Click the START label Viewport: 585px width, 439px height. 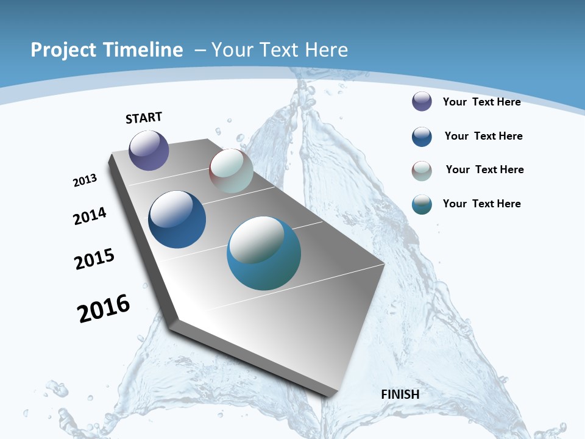pos(144,118)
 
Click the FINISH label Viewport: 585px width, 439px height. pos(400,394)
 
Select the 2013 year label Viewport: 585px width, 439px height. pos(85,180)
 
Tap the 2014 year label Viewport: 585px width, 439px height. pos(90,216)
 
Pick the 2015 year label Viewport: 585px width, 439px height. pos(94,259)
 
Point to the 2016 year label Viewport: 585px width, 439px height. pos(104,309)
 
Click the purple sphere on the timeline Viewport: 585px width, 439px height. pos(149,150)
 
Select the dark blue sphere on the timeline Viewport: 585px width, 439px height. pos(177,220)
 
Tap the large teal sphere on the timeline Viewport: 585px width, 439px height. pos(264,253)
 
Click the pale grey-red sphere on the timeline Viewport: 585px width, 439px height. pos(231,171)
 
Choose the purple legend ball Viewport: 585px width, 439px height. pos(422,101)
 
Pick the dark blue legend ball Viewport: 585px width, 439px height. pos(422,137)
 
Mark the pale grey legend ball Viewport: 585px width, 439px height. pos(422,171)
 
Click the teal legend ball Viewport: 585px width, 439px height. pos(422,204)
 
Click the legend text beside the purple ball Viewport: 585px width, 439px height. pos(481,102)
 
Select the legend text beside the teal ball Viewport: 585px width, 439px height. pos(481,204)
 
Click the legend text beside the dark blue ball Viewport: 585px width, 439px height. pos(483,136)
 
